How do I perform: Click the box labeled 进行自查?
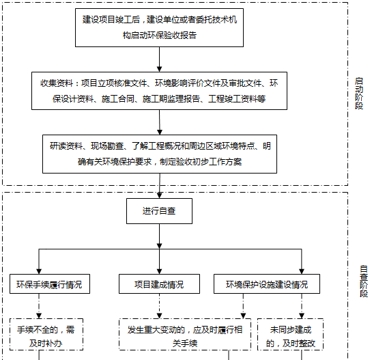point(159,211)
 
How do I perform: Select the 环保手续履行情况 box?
point(50,284)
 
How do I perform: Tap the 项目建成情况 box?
point(159,284)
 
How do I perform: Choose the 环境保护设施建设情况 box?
point(267,284)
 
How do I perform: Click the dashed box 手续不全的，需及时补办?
point(46,334)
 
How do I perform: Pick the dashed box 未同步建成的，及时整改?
point(290,334)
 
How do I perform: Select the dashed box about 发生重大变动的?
point(185,334)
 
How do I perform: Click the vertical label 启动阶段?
point(359,94)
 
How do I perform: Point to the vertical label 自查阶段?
point(363,281)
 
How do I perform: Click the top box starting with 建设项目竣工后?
point(159,27)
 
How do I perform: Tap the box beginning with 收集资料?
point(159,91)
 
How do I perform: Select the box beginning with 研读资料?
point(160,154)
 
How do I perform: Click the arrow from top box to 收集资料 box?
point(159,59)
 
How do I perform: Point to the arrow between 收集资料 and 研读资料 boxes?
point(160,122)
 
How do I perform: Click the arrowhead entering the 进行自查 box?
point(160,195)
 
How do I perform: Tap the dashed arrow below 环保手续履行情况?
point(39,306)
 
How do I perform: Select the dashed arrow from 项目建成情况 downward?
point(159,306)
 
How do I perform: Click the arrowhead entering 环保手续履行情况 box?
point(39,271)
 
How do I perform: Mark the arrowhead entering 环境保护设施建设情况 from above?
point(302,271)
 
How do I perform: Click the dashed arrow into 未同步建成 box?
point(302,306)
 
